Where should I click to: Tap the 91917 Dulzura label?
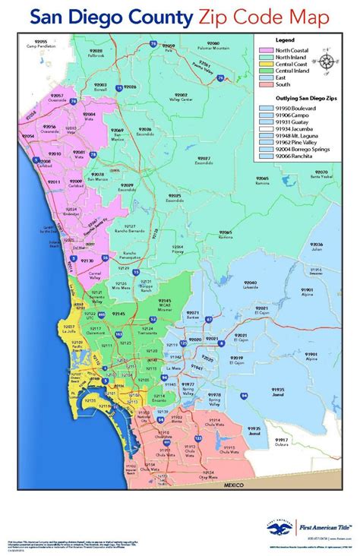pos(283,441)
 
